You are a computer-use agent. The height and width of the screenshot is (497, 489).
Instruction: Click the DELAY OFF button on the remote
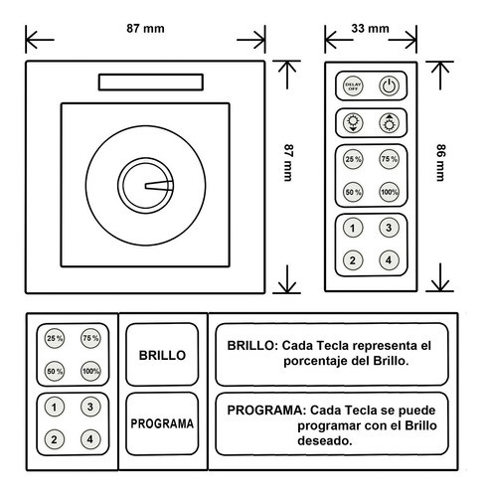[x=353, y=86]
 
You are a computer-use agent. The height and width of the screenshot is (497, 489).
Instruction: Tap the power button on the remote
[x=389, y=86]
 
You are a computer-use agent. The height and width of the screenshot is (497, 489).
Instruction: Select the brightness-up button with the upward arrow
[x=389, y=123]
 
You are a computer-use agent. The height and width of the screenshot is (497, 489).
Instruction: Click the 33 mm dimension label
[x=370, y=29]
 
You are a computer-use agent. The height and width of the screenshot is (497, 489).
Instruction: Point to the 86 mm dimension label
[x=440, y=162]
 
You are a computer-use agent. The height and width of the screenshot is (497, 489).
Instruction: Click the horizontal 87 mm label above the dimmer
[x=145, y=29]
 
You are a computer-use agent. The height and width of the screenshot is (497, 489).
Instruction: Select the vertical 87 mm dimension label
[x=288, y=162]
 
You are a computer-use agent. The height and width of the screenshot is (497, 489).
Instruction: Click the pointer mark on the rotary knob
[x=159, y=186]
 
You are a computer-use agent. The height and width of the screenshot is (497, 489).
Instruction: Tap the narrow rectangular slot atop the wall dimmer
[x=151, y=82]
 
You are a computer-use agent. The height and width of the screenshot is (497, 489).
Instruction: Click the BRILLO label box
[x=162, y=355]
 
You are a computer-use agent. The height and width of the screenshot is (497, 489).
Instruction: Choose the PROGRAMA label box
[x=162, y=423]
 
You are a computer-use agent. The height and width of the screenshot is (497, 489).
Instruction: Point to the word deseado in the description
[x=324, y=441]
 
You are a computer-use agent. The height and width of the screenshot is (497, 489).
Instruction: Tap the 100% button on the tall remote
[x=389, y=192]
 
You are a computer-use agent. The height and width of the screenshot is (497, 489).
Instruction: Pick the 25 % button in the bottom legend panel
[x=55, y=338]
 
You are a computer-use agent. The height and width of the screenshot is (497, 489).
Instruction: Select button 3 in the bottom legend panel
[x=90, y=407]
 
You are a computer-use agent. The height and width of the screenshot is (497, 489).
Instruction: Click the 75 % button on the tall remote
[x=389, y=159]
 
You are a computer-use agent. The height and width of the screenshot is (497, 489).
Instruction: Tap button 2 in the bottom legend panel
[x=55, y=439]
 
